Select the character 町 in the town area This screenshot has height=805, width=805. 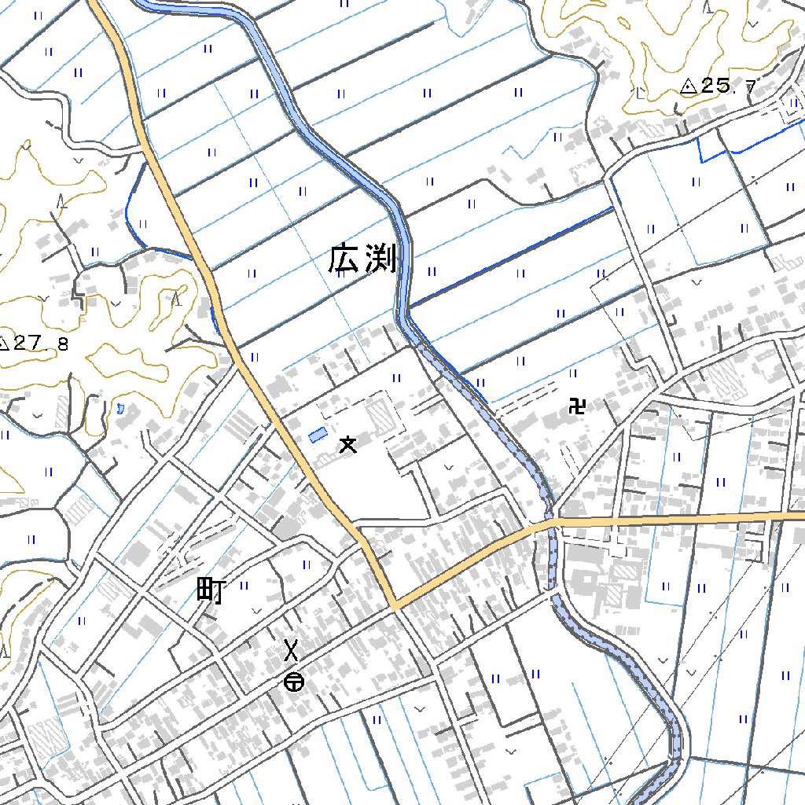[210, 590]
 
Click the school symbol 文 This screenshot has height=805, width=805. [347, 445]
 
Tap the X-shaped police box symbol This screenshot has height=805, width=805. [292, 650]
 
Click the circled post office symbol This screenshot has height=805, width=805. [294, 682]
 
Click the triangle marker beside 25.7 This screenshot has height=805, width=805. [689, 86]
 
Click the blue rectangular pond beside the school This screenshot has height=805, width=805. [318, 434]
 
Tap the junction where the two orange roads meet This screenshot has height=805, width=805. [395, 606]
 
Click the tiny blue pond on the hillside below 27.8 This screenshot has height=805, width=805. [119, 408]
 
